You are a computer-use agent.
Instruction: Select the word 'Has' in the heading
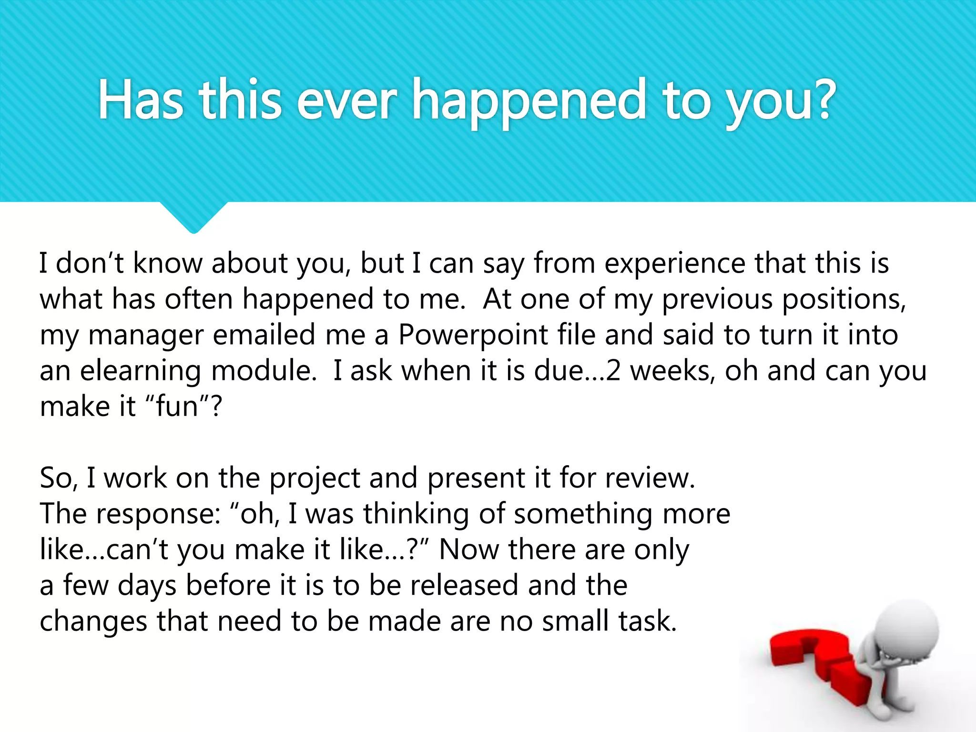(x=141, y=100)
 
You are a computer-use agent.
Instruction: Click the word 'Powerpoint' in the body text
(x=473, y=335)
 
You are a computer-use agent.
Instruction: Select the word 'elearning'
(x=141, y=371)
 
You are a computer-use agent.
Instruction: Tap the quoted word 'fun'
(x=177, y=407)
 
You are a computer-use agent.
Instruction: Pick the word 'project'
(x=315, y=478)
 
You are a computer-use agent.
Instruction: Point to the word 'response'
(x=157, y=514)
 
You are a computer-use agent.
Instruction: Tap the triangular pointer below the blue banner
(x=193, y=217)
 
